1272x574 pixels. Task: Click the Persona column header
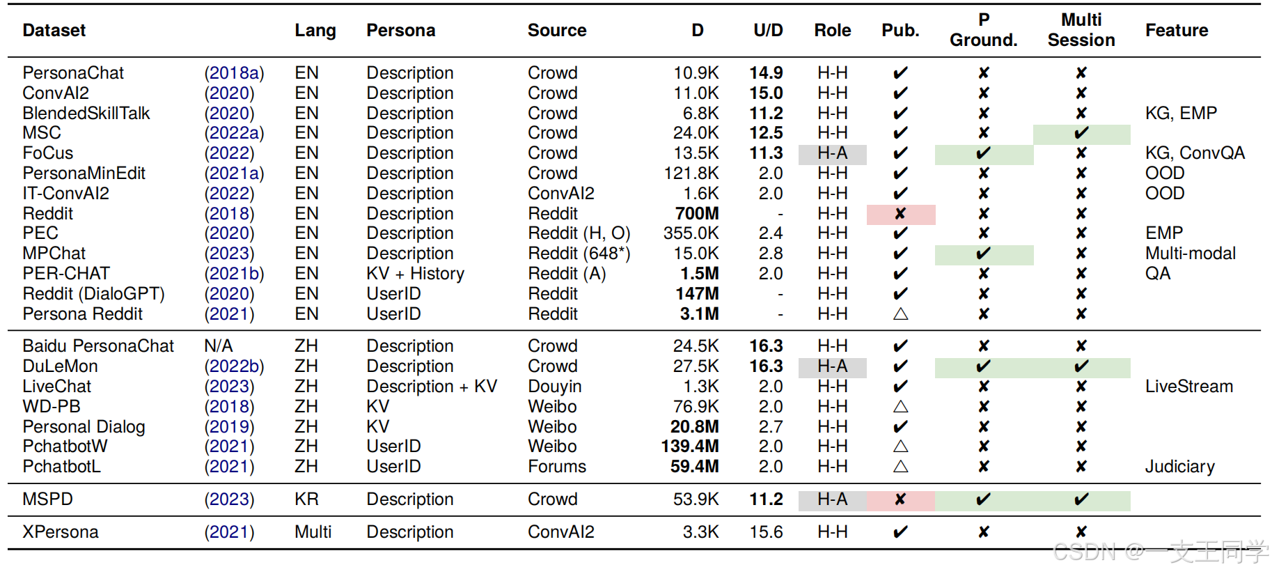400,31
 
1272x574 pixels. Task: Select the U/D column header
768,31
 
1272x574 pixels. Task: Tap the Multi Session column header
1081,30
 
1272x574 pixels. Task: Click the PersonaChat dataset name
73,73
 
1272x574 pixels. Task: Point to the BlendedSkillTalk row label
86,114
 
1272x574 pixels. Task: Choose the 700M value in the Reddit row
696,214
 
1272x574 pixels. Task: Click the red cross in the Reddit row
900,214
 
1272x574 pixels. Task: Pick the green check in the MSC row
1081,133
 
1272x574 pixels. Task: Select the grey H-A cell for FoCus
832,153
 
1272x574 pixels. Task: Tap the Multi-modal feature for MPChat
1190,254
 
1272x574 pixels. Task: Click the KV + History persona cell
415,274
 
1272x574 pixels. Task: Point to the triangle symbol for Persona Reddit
900,314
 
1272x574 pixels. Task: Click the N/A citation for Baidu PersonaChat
218,346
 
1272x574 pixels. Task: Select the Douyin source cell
554,387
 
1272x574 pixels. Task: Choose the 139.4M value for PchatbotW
689,447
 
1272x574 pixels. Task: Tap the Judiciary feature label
1179,467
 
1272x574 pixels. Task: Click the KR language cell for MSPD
306,499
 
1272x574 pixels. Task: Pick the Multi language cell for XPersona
313,532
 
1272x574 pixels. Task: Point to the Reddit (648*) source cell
579,254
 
